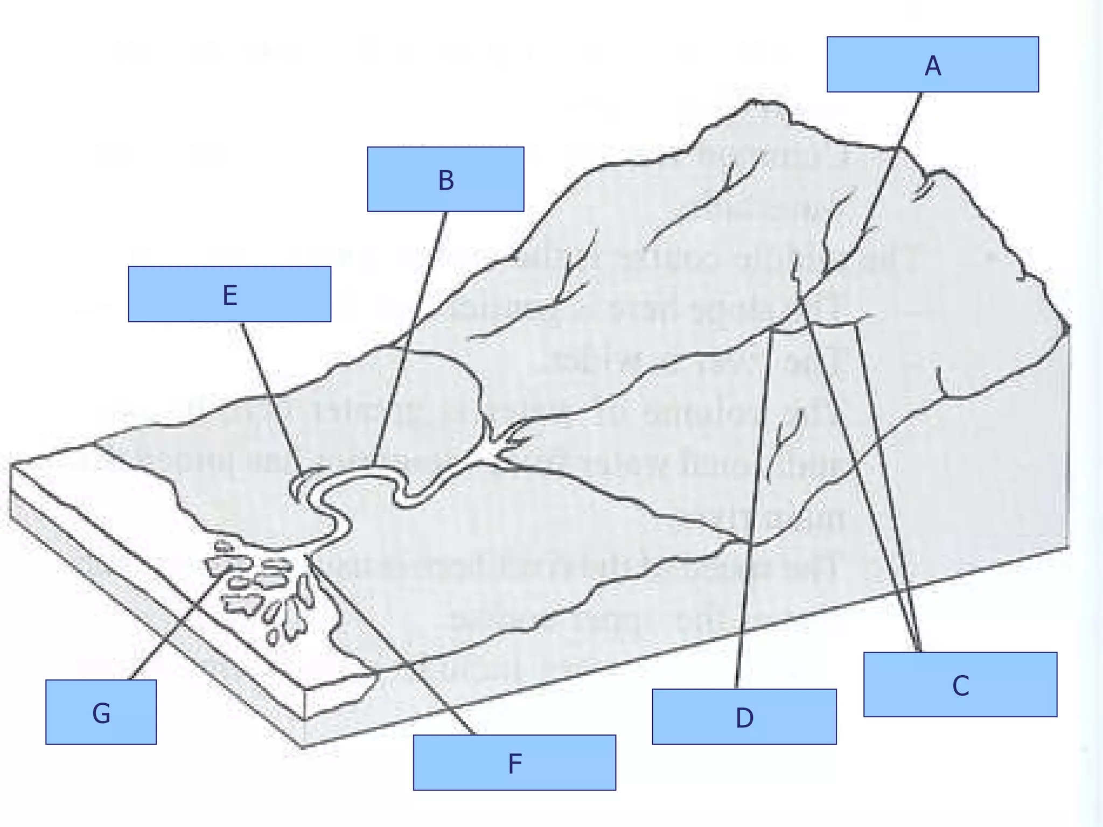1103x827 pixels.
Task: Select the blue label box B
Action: [445, 179]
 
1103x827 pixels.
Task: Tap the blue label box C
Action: [960, 684]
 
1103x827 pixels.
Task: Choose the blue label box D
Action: [744, 717]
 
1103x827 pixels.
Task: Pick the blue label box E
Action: [229, 294]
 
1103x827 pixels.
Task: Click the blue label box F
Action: [514, 762]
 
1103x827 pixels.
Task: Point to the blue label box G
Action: [101, 712]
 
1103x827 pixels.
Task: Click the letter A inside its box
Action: [932, 66]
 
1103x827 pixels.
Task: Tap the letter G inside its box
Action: [101, 713]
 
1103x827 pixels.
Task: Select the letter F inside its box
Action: [515, 763]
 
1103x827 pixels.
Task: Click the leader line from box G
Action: [178, 625]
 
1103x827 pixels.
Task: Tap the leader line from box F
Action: [393, 646]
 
